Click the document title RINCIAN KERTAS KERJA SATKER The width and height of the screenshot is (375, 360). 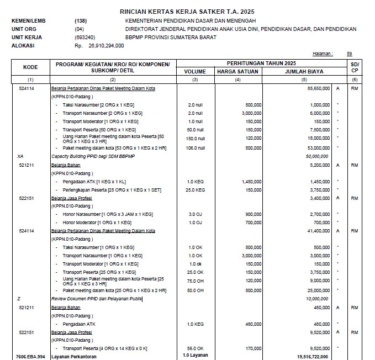click(x=187, y=12)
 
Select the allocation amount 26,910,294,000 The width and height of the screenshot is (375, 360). click(x=105, y=46)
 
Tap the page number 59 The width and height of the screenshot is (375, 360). click(x=349, y=54)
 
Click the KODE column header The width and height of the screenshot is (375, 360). click(x=30, y=67)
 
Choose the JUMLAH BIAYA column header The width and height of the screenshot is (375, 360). click(x=304, y=71)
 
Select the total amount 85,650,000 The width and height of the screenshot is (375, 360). click(x=314, y=88)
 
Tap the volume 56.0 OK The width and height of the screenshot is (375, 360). click(x=196, y=348)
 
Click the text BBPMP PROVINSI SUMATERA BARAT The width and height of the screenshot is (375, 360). click(x=171, y=38)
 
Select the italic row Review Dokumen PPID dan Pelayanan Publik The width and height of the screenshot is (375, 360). click(x=97, y=299)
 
